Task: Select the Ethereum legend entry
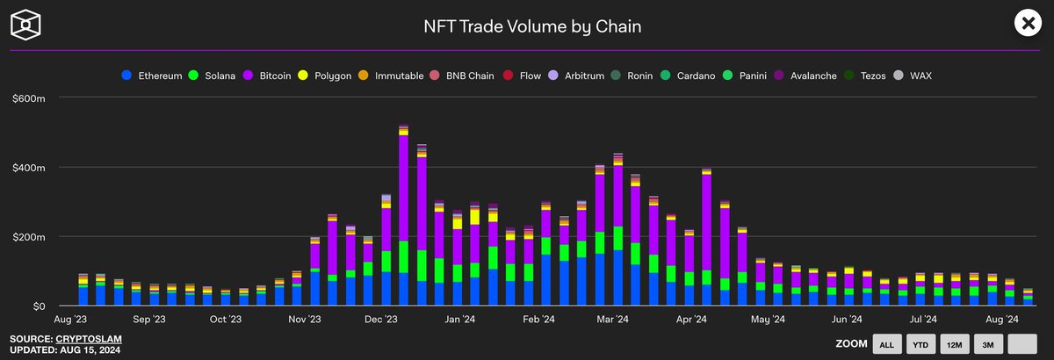[158, 76]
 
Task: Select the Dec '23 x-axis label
[381, 320]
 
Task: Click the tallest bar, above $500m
[403, 220]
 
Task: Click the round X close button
[1028, 24]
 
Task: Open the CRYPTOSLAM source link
[88, 339]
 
